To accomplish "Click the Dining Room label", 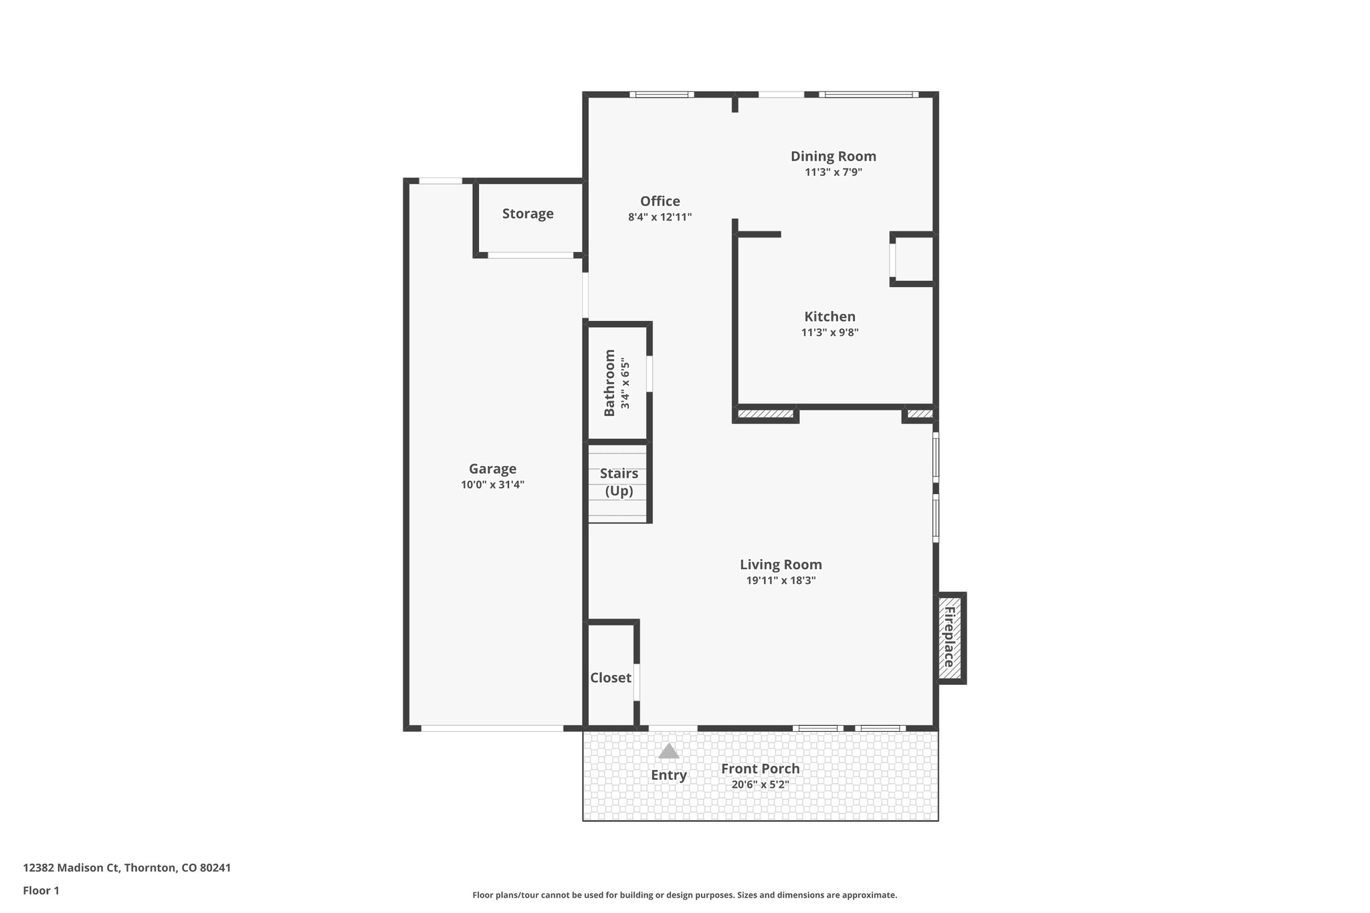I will pos(833,157).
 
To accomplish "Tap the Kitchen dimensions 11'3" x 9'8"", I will pos(829,332).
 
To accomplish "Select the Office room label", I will pos(660,201).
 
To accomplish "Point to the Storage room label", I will pos(528,214).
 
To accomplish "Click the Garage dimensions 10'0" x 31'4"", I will pos(492,485).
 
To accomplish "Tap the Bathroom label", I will pos(609,383).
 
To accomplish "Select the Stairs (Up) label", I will pos(619,482).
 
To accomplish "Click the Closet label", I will pos(610,678).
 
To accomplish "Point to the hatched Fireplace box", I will pos(949,637).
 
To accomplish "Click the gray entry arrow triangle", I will pos(668,752).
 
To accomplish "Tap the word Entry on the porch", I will pos(668,775).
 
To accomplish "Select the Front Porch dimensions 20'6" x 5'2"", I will pos(760,785).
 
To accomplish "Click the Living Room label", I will pos(781,565).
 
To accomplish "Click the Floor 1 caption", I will pos(41,891).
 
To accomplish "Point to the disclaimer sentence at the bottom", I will pos(684,895).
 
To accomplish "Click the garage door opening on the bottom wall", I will pos(492,728).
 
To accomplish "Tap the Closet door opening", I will pos(637,682).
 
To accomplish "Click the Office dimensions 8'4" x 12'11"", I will pos(660,217).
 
